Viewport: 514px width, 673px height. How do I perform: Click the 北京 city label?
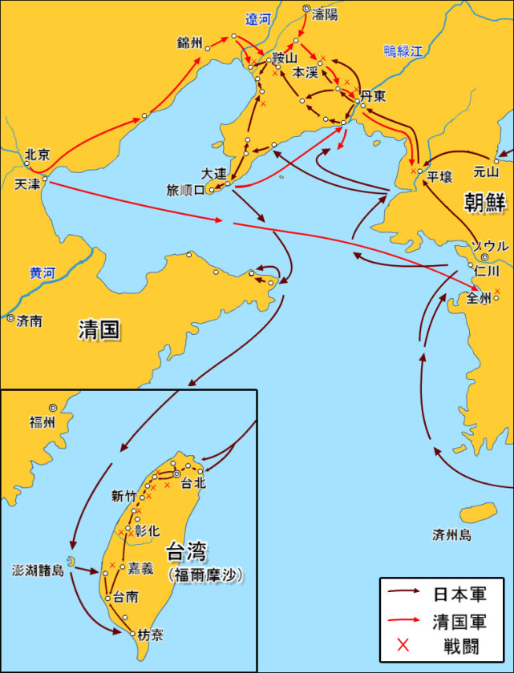tap(37, 155)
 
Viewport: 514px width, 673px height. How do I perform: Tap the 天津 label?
tap(26, 183)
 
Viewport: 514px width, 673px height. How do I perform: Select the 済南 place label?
tap(30, 320)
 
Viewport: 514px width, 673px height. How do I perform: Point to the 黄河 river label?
tap(42, 272)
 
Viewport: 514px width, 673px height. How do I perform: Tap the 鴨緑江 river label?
tap(403, 51)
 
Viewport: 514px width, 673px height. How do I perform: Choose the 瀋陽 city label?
tap(326, 15)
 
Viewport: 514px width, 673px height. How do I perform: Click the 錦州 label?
tap(191, 42)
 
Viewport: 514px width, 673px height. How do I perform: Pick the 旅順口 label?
tap(185, 191)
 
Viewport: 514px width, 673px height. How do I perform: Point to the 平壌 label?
tap(440, 176)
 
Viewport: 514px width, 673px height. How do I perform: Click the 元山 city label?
tap(486, 171)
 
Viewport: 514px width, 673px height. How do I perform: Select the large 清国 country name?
tap(99, 329)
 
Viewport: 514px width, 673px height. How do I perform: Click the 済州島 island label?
tap(451, 534)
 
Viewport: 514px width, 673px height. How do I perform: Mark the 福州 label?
tap(42, 422)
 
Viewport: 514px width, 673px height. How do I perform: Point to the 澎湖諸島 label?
tap(37, 571)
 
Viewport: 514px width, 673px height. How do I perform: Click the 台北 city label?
tap(194, 483)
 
